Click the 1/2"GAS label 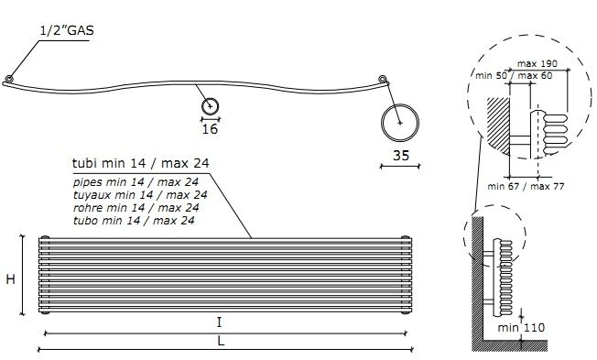pyautogui.click(x=67, y=30)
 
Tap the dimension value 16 pyautogui.click(x=210, y=129)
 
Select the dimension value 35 pyautogui.click(x=401, y=156)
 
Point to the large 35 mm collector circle pyautogui.click(x=382, y=123)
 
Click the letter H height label pyautogui.click(x=11, y=279)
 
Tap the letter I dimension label pyautogui.click(x=219, y=322)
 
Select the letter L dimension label pyautogui.click(x=221, y=341)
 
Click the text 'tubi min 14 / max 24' pyautogui.click(x=140, y=163)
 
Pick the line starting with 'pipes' pyautogui.click(x=136, y=182)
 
